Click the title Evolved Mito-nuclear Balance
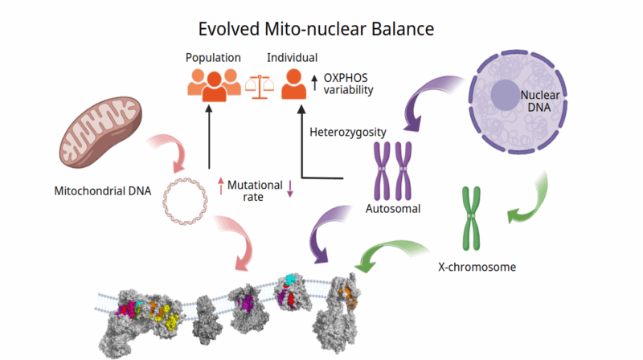pyautogui.click(x=317, y=30)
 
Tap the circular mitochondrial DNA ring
pyautogui.click(x=185, y=198)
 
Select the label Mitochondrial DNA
pyautogui.click(x=103, y=192)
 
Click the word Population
pyautogui.click(x=213, y=58)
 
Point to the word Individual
pyautogui.click(x=293, y=58)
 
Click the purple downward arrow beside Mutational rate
pyautogui.click(x=290, y=190)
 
